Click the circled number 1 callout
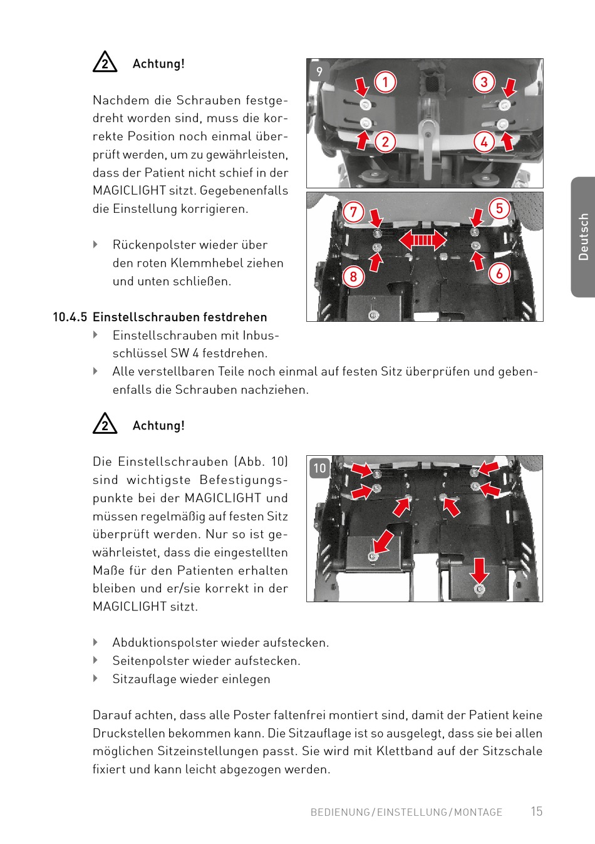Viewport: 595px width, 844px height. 385,82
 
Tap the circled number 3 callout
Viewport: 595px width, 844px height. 484,82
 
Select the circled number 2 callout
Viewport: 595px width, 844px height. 385,142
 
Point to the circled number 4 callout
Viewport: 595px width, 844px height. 484,142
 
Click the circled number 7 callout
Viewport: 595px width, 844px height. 353,212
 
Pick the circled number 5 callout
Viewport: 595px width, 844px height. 499,208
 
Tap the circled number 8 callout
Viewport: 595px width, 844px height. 353,277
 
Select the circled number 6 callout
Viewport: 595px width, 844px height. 499,274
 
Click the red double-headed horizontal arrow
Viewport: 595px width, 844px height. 422,240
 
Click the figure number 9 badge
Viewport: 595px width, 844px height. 319,71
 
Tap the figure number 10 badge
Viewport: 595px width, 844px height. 319,468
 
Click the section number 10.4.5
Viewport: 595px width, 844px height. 70,317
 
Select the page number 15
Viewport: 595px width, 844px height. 537,811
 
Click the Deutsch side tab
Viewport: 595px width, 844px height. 583,237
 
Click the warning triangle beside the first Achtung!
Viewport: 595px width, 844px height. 105,61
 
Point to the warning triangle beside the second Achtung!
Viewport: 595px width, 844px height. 105,423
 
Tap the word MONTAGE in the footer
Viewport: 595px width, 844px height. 478,812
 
